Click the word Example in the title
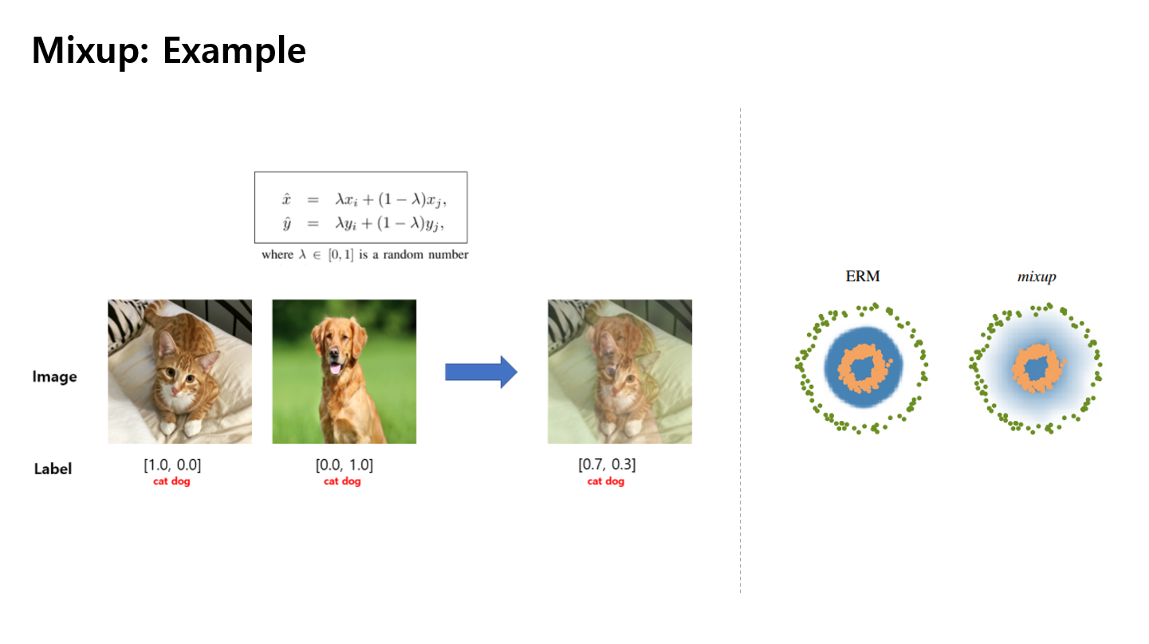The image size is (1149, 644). [234, 51]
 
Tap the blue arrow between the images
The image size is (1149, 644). [481, 371]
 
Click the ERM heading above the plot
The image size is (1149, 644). [863, 277]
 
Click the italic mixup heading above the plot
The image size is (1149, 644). [1037, 277]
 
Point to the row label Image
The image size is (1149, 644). [54, 377]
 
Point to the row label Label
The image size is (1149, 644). [53, 469]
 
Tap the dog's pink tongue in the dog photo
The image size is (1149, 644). [335, 369]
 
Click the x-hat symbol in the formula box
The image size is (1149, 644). [286, 199]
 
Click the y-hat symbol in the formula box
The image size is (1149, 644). [287, 223]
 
